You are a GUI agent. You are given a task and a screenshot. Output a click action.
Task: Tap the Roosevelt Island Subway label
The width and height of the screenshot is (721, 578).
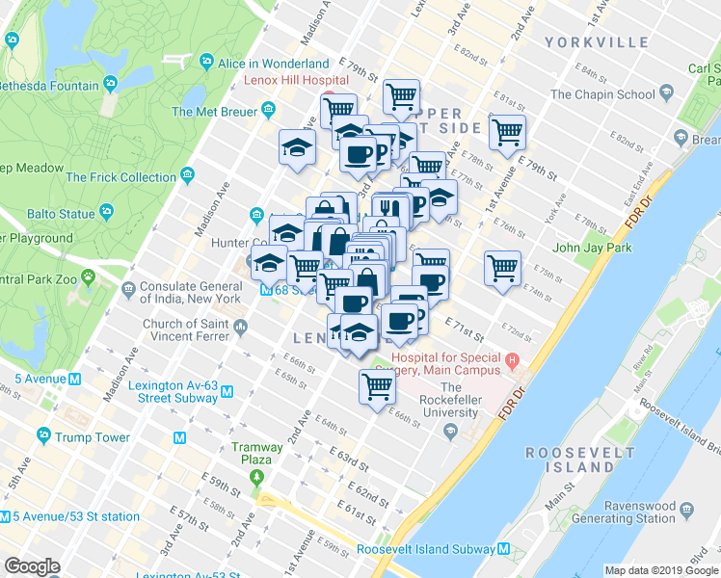click(x=426, y=549)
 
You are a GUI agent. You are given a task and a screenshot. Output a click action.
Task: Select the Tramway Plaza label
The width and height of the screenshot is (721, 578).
click(x=256, y=454)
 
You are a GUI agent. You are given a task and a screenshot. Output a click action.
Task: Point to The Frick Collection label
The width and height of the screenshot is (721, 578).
click(x=120, y=177)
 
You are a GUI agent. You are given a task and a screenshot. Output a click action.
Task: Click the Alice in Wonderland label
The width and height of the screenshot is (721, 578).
click(x=273, y=64)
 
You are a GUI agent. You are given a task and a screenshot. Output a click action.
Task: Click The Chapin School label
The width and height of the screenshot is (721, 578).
click(x=602, y=94)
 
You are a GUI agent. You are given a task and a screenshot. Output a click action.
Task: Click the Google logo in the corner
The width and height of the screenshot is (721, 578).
click(x=32, y=566)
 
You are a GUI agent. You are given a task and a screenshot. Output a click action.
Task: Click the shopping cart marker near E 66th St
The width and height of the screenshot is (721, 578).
click(x=377, y=387)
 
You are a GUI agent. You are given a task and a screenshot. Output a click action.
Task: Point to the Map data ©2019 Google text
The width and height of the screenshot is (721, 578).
click(x=660, y=570)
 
